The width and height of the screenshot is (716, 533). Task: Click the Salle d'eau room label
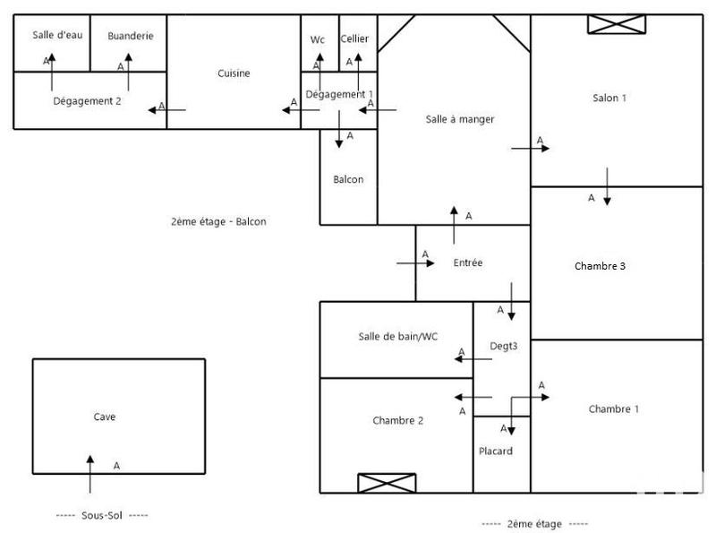click(x=57, y=35)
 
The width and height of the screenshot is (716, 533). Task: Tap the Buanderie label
click(x=131, y=36)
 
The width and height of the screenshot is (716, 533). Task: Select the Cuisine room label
click(x=234, y=73)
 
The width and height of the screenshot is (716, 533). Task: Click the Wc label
click(x=318, y=39)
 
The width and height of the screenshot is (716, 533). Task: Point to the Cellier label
click(x=354, y=39)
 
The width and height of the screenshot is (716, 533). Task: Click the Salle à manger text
click(x=460, y=119)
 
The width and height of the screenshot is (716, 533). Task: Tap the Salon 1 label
click(x=609, y=98)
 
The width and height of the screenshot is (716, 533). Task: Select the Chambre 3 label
click(x=600, y=266)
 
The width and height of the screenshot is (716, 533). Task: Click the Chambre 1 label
click(x=614, y=409)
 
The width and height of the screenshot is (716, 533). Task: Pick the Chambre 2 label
click(x=397, y=420)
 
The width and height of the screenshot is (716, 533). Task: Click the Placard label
click(x=496, y=451)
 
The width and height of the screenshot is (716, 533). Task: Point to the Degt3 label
click(x=503, y=346)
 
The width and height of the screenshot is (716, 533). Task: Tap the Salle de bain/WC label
click(x=398, y=336)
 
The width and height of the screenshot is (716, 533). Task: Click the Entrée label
click(x=468, y=262)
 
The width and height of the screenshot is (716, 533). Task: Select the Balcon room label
click(x=348, y=179)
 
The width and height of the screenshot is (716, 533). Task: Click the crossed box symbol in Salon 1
click(x=617, y=24)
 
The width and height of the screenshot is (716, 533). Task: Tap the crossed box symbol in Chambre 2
click(x=387, y=483)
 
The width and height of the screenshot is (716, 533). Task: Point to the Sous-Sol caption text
click(x=101, y=516)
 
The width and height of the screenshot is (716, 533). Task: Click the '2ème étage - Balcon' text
click(x=218, y=222)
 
